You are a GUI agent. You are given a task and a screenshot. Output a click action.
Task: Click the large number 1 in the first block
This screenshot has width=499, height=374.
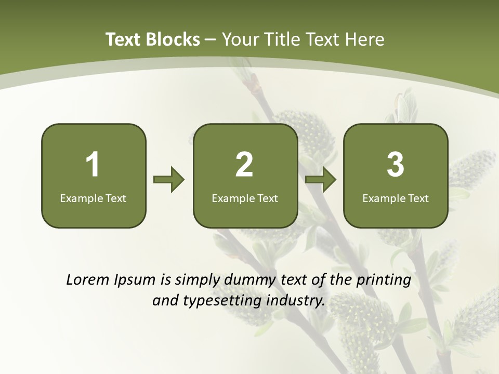tap(93, 165)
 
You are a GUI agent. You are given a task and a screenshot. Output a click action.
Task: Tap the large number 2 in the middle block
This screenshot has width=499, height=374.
tap(244, 165)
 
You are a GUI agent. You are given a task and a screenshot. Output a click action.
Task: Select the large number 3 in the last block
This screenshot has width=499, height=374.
tap(396, 165)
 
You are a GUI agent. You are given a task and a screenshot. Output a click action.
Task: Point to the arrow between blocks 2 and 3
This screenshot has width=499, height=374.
tap(320, 180)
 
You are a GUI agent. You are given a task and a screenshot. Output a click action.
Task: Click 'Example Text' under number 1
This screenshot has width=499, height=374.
tap(93, 198)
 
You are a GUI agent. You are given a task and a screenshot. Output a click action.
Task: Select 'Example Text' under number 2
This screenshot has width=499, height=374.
tap(245, 198)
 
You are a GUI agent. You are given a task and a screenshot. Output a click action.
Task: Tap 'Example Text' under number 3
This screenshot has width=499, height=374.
tap(396, 198)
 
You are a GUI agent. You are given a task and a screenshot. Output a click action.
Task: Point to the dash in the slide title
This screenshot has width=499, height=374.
tap(211, 39)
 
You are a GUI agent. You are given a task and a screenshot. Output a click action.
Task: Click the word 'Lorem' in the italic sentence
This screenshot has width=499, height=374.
tap(88, 280)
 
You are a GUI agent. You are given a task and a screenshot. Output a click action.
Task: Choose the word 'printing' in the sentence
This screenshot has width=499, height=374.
tap(384, 280)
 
